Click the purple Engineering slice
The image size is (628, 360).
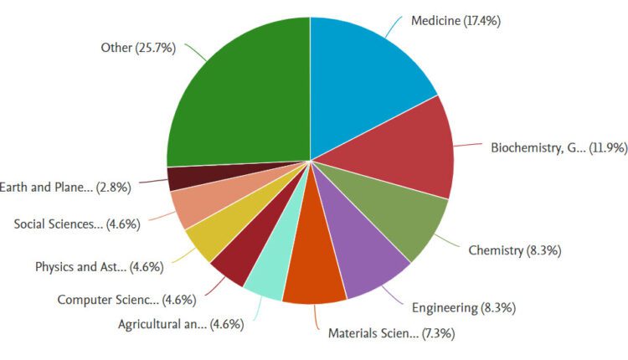[x=368, y=260]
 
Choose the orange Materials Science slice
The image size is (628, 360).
[x=314, y=272]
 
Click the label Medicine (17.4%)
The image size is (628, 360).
[x=456, y=20]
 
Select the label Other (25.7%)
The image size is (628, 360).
[x=138, y=48]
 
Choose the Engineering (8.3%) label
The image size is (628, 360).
[x=464, y=307]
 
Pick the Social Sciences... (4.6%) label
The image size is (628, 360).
[x=77, y=224]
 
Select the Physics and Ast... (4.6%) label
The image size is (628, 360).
[x=99, y=267]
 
